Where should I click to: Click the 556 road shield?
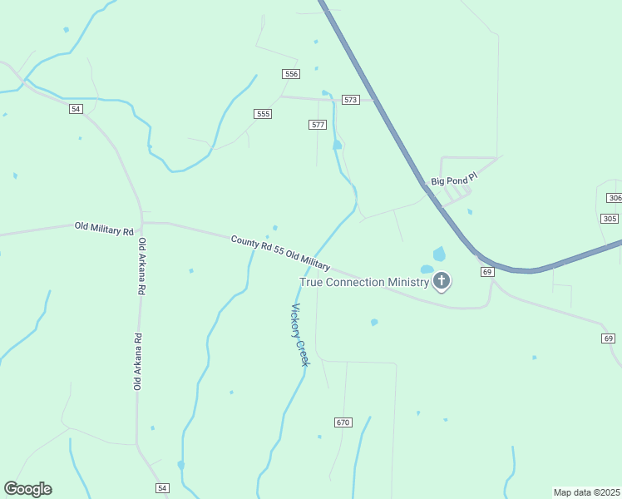click(291, 74)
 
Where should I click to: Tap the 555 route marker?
click(263, 114)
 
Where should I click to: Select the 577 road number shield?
click(317, 125)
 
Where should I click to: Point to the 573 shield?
click(350, 100)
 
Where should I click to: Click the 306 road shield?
click(615, 198)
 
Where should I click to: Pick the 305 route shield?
click(610, 218)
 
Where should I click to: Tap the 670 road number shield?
click(343, 422)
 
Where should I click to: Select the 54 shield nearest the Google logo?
click(162, 487)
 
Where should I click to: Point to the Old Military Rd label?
click(104, 227)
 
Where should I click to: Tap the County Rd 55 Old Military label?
click(280, 253)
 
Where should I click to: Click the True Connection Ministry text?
click(364, 282)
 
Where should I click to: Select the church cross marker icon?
click(442, 281)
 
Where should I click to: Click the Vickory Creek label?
click(299, 335)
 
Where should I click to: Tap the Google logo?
click(28, 489)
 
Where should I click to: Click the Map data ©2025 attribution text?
click(586, 492)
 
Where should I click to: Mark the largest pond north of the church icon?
click(439, 254)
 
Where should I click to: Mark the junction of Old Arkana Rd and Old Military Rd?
click(142, 223)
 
